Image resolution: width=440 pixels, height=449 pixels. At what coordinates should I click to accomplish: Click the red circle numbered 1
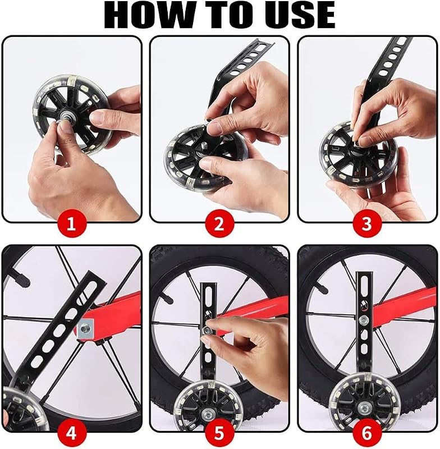pos(72,224)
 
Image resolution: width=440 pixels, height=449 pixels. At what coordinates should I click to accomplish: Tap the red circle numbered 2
pos(219,224)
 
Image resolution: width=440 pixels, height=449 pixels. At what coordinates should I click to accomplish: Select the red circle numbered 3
pos(367,224)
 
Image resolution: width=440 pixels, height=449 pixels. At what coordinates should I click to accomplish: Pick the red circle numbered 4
pos(72,433)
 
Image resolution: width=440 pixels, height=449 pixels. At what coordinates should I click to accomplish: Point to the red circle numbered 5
pos(219,433)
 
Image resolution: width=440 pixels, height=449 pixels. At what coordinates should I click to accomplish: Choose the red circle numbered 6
pos(367,433)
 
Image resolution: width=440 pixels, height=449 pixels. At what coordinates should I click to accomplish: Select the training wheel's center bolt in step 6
pos(365,406)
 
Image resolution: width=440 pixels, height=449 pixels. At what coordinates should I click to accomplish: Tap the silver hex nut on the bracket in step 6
pos(363,319)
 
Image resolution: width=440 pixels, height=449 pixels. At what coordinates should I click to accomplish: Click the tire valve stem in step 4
pos(21,278)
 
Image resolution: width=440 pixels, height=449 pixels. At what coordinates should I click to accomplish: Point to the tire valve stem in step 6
pos(321,288)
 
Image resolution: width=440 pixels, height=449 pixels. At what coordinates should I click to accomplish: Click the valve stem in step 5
pos(167,299)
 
